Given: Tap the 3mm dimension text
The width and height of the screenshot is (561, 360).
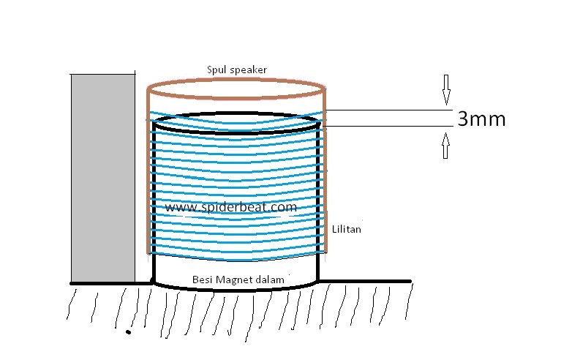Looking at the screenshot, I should coord(481,119).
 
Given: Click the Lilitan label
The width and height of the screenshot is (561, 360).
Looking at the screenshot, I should coord(347,229).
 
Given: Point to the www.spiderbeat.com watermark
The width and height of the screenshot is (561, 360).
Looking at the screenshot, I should coord(230,207).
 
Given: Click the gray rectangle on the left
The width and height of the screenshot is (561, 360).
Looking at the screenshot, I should coord(102,176).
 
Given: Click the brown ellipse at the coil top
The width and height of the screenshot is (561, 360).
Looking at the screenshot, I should coord(236,78).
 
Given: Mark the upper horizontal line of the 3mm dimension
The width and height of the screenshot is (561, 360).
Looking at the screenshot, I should coord(388,110).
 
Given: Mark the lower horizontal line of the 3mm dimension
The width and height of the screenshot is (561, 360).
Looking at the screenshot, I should coord(388,126).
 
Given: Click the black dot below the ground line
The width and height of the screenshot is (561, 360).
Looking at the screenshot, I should coord(129,333).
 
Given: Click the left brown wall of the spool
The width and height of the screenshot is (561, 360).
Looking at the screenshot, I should coord(148,176).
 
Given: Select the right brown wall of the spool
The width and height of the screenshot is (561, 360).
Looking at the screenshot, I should coord(325,176).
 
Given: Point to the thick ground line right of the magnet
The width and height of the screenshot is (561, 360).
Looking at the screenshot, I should coord(366,281).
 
